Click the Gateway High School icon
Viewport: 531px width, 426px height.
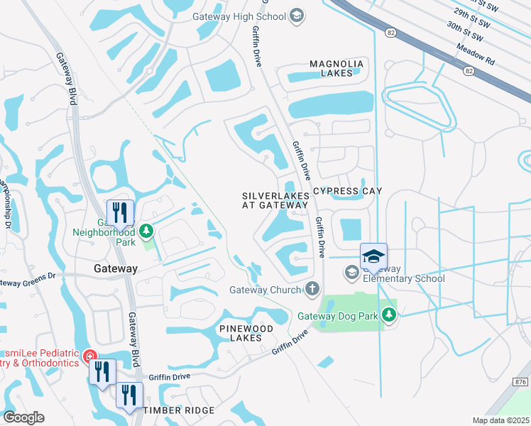coord(297,16)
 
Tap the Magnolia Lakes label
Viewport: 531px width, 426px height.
coord(336,68)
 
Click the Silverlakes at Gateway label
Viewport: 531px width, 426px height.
coord(275,200)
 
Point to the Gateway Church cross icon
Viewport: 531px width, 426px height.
coord(311,288)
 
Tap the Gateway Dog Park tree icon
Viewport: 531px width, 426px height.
coord(388,315)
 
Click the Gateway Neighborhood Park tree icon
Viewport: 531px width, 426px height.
coord(146,231)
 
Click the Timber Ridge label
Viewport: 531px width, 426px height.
coord(179,411)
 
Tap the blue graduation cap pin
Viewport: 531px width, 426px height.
coord(373,256)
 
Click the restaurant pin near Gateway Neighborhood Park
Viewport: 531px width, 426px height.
coord(120,212)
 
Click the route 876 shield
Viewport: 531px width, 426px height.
coord(520,382)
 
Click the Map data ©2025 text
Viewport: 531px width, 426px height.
coord(500,420)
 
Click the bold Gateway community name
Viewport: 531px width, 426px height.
coord(116,268)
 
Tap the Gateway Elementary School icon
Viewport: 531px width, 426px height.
coord(351,272)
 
